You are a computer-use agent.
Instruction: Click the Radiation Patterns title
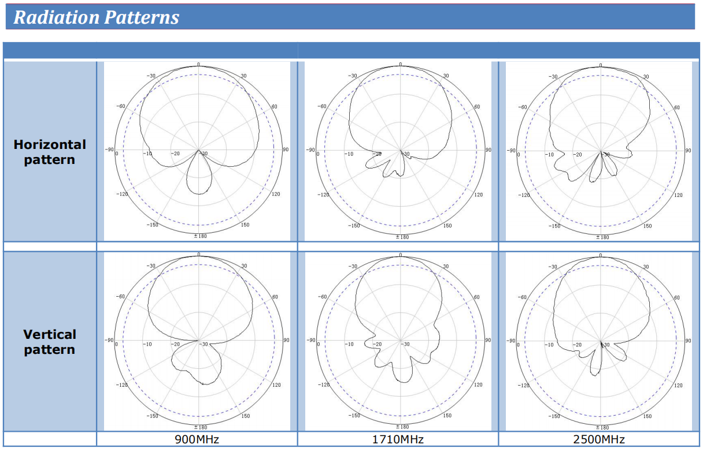(96, 17)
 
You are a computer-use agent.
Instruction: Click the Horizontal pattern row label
(50, 152)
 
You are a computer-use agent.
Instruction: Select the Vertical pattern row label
(50, 342)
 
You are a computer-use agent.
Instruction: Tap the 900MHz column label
(197, 439)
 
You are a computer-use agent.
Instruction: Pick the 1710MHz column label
(398, 439)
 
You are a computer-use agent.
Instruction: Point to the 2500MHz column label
(599, 439)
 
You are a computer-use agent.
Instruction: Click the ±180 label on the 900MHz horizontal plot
(200, 236)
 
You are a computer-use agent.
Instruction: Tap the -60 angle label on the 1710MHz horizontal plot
(321, 106)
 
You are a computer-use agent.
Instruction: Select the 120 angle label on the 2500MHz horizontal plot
(678, 195)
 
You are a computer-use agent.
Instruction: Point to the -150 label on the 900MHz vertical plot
(152, 416)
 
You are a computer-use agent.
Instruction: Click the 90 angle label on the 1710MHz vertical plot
(488, 340)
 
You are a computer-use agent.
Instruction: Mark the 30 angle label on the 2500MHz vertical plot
(646, 267)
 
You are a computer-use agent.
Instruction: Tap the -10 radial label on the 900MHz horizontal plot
(147, 154)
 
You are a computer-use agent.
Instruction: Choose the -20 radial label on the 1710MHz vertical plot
(377, 344)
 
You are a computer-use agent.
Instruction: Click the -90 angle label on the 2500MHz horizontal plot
(511, 151)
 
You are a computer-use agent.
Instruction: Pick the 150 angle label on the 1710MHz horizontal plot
(447, 225)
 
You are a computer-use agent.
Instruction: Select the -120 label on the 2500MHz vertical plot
(523, 385)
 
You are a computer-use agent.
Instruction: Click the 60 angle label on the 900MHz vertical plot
(275, 297)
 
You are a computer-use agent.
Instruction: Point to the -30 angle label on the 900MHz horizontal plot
(151, 76)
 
